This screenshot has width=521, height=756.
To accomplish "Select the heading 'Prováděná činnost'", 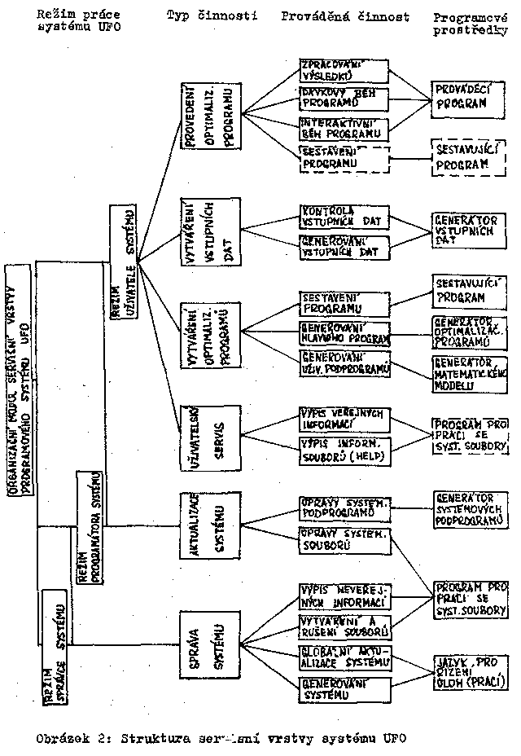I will (x=344, y=15).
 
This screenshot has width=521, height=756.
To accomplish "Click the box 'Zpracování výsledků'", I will (x=343, y=70).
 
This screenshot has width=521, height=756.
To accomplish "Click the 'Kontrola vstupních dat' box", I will (x=343, y=216).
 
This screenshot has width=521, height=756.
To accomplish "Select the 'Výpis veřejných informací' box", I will (x=343, y=418).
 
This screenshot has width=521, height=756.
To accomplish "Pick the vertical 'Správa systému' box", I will (x=209, y=647).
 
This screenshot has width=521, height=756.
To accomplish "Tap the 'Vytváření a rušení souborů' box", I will (x=343, y=626).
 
